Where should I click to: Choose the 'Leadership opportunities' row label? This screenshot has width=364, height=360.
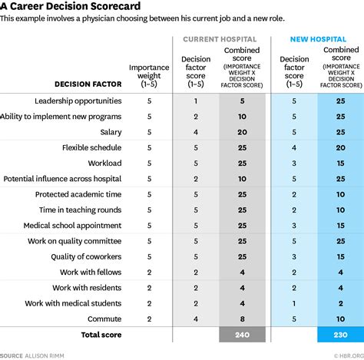pos(78,101)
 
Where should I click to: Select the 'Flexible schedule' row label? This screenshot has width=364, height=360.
pos(91,147)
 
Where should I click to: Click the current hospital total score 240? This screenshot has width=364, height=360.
pos(242,335)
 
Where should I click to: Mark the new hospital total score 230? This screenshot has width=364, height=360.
pos(339,335)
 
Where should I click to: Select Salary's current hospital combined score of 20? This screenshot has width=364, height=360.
pos(242,132)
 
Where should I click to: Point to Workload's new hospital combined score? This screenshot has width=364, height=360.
pos(339,163)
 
